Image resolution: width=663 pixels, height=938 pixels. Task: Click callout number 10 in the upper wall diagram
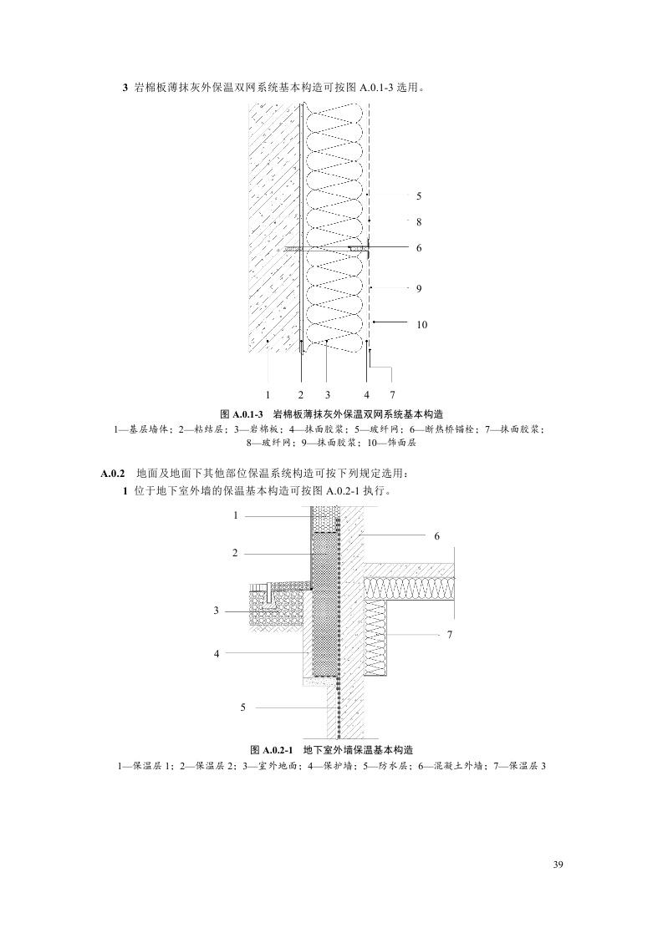click(421, 324)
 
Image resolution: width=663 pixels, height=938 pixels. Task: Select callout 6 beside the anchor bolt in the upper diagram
click(418, 247)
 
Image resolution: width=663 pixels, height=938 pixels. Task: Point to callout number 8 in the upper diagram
click(418, 221)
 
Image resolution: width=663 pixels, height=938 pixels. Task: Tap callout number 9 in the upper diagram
click(418, 288)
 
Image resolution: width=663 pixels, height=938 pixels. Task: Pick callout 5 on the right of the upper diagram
click(418, 195)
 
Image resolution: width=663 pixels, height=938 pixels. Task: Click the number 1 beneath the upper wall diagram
click(268, 393)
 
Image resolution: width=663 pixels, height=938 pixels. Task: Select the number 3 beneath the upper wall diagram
click(328, 393)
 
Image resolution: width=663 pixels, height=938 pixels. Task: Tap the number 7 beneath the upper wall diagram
click(392, 393)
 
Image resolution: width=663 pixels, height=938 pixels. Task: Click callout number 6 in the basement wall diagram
click(436, 535)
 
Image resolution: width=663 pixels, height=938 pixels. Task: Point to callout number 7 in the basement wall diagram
click(449, 635)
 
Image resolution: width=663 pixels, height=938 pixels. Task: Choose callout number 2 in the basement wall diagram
click(236, 553)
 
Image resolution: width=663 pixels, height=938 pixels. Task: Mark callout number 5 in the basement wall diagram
click(242, 707)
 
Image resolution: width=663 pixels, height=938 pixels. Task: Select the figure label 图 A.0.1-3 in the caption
click(242, 414)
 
